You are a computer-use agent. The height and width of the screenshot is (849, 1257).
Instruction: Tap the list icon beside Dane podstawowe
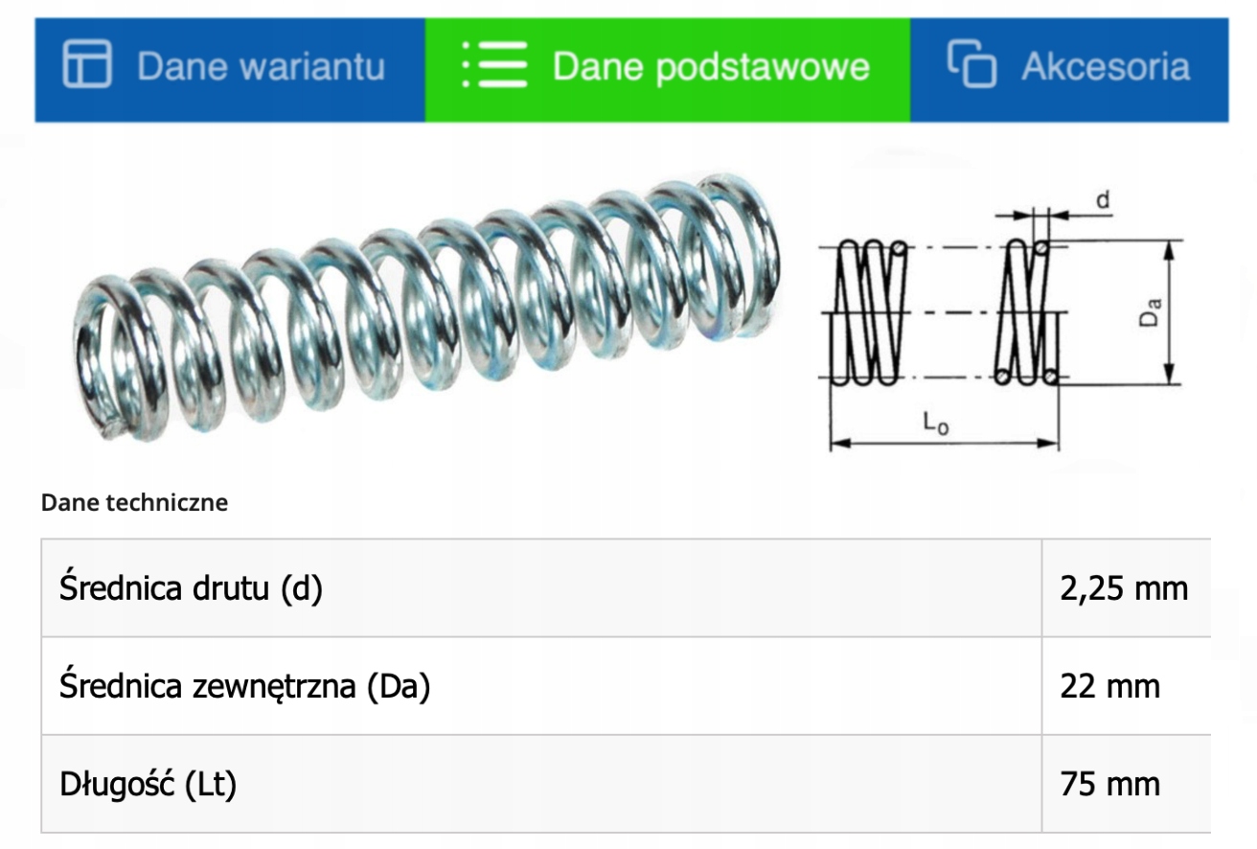pyautogui.click(x=493, y=66)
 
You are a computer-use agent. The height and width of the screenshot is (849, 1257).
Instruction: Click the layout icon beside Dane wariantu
pyautogui.click(x=87, y=65)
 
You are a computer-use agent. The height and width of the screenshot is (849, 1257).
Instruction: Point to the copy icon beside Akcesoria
pyautogui.click(x=971, y=64)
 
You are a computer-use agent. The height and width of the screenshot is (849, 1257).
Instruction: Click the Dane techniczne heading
pyautogui.click(x=134, y=502)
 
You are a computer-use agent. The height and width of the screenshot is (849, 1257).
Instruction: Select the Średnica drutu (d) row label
pyautogui.click(x=191, y=588)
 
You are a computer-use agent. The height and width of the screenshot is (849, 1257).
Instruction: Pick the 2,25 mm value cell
pyautogui.click(x=1124, y=588)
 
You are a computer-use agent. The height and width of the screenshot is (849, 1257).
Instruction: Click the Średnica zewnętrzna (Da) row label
pyautogui.click(x=244, y=686)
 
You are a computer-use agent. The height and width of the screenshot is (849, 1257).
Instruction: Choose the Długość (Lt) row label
pyautogui.click(x=148, y=784)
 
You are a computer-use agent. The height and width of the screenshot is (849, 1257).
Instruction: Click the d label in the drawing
pyautogui.click(x=1103, y=200)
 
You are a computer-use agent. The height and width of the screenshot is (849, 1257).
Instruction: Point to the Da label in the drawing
pyautogui.click(x=1152, y=312)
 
